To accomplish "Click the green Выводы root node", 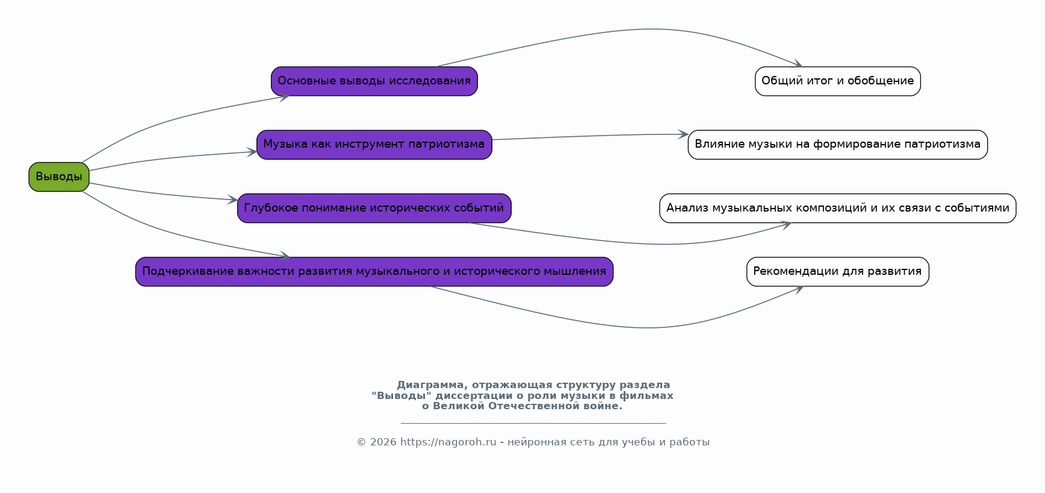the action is (x=59, y=177).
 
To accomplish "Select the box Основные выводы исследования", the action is (x=374, y=81).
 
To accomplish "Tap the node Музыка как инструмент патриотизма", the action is (x=374, y=145).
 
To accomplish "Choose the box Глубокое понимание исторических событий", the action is (x=374, y=209).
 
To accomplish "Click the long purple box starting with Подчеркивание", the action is (x=374, y=272).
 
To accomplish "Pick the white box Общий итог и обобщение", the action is (x=838, y=81).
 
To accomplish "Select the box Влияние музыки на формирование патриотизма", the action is (x=838, y=145).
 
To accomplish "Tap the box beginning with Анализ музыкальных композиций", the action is (x=838, y=209).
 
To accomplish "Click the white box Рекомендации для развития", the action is (x=838, y=272).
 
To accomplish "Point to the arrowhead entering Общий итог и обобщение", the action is (x=799, y=64).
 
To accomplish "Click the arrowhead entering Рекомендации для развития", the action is (x=799, y=289).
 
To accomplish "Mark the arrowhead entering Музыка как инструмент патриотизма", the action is (x=252, y=152).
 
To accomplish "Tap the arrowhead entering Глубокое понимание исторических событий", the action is (x=233, y=199).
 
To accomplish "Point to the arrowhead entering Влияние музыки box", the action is (x=683, y=134).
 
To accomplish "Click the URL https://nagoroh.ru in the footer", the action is (x=448, y=442).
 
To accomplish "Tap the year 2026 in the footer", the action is (x=383, y=442).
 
